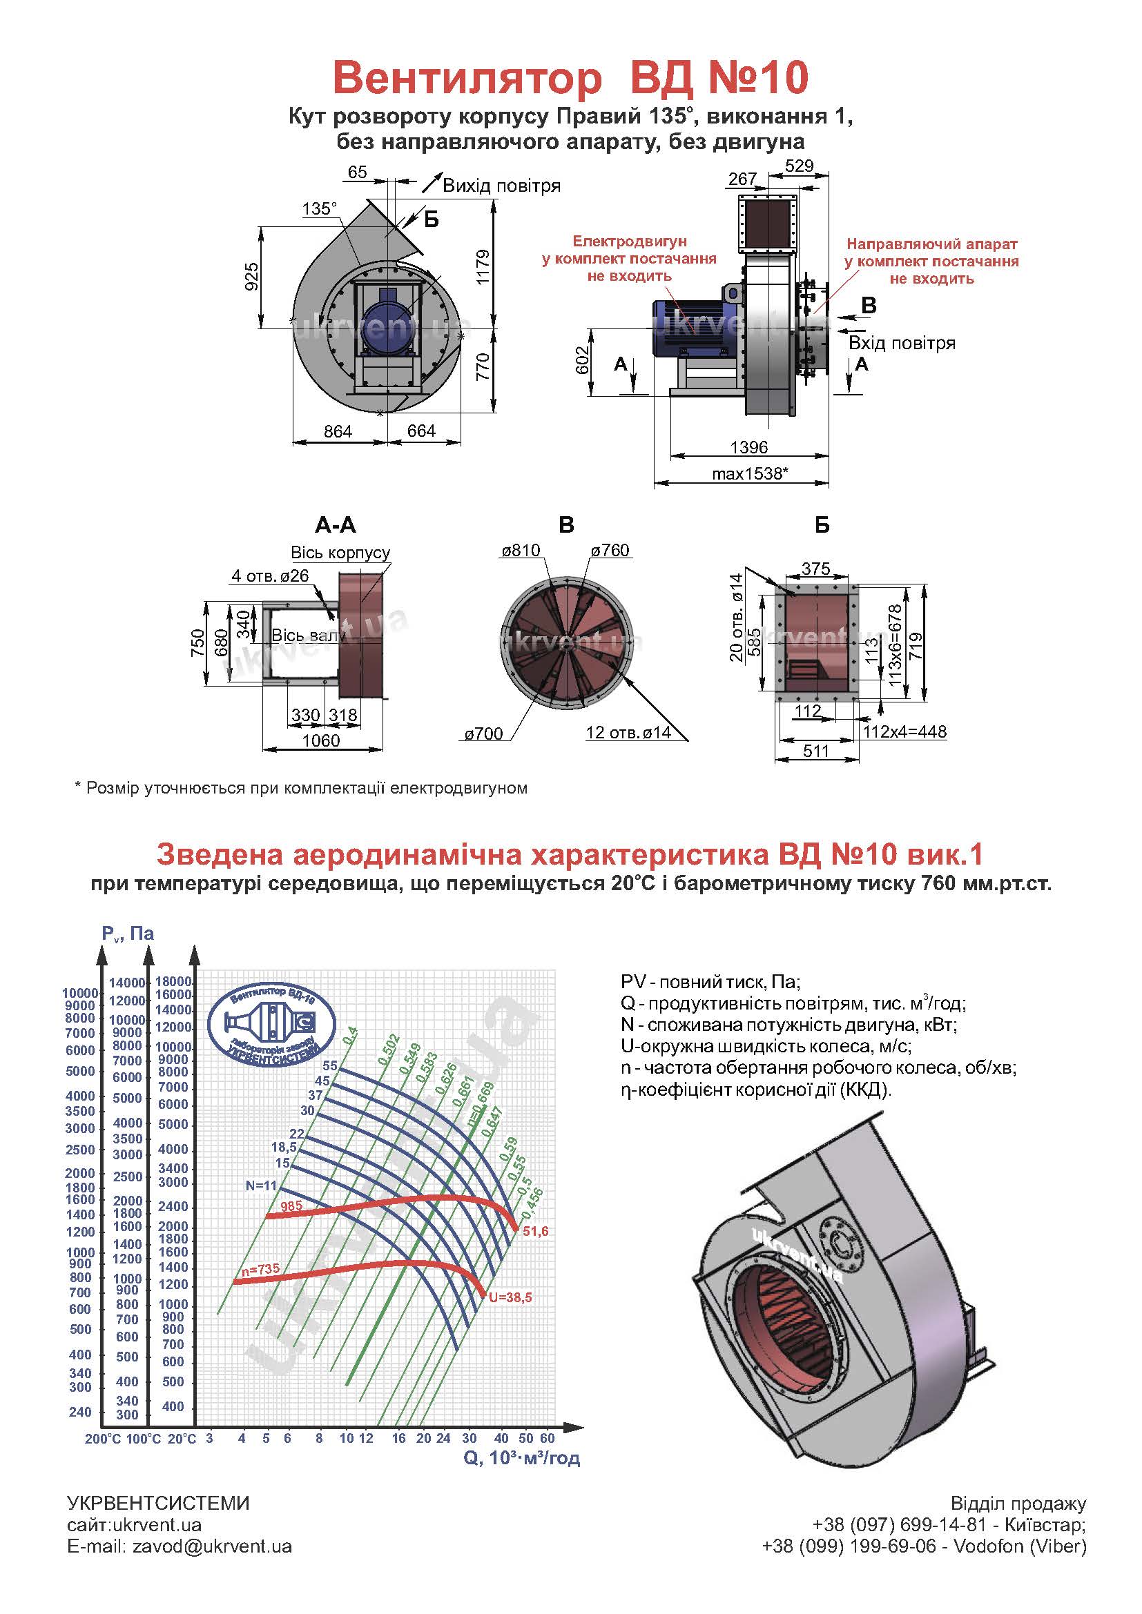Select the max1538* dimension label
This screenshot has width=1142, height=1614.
click(749, 474)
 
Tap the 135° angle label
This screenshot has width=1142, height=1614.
click(319, 209)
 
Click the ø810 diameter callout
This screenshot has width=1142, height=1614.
click(521, 550)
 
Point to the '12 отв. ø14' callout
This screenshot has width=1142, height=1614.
click(628, 733)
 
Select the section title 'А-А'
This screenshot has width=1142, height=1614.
click(336, 525)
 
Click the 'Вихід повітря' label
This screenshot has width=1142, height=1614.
click(501, 186)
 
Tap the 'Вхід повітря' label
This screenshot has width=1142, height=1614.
click(902, 343)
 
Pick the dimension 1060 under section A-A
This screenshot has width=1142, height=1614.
click(320, 740)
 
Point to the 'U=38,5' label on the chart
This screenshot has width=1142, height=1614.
click(510, 1297)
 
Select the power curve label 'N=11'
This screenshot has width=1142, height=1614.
click(261, 1185)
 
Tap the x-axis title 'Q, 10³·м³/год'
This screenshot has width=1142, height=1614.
click(522, 1458)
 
